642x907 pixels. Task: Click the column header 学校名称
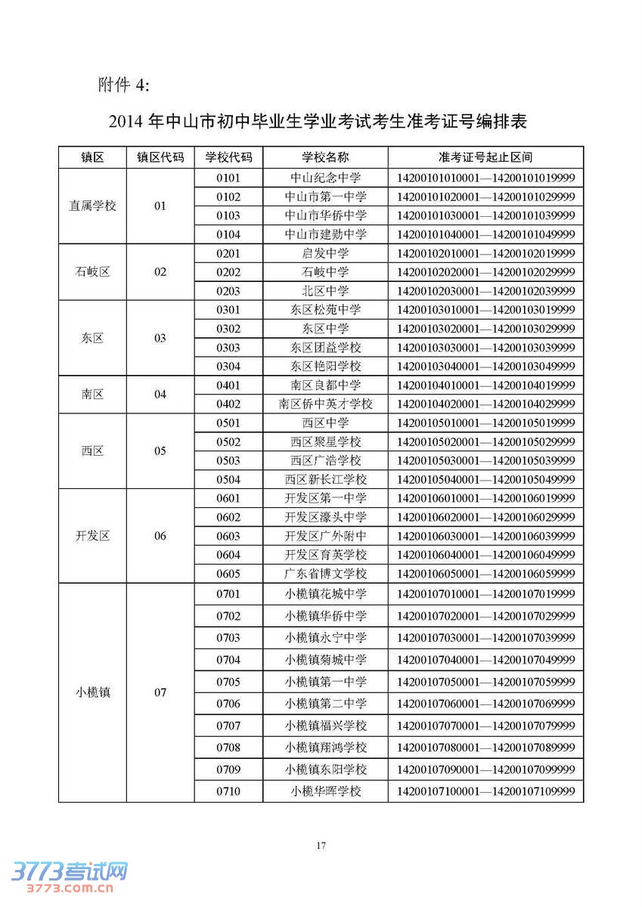[325, 157]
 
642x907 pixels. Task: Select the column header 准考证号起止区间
[485, 157]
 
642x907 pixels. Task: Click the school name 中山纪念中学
[325, 178]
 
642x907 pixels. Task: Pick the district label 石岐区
[92, 272]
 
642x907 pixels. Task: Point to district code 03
[160, 338]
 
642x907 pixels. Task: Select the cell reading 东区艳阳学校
[325, 367]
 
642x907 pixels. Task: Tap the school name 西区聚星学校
[325, 442]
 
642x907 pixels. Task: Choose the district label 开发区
[92, 536]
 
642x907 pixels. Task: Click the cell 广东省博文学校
[325, 574]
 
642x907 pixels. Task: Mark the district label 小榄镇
[92, 692]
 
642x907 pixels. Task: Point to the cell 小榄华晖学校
[325, 791]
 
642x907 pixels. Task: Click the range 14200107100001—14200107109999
[485, 791]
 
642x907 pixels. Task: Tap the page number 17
[321, 846]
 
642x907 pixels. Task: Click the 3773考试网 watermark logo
[64, 876]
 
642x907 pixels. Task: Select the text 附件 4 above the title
[124, 85]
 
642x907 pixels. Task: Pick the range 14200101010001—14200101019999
[485, 178]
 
